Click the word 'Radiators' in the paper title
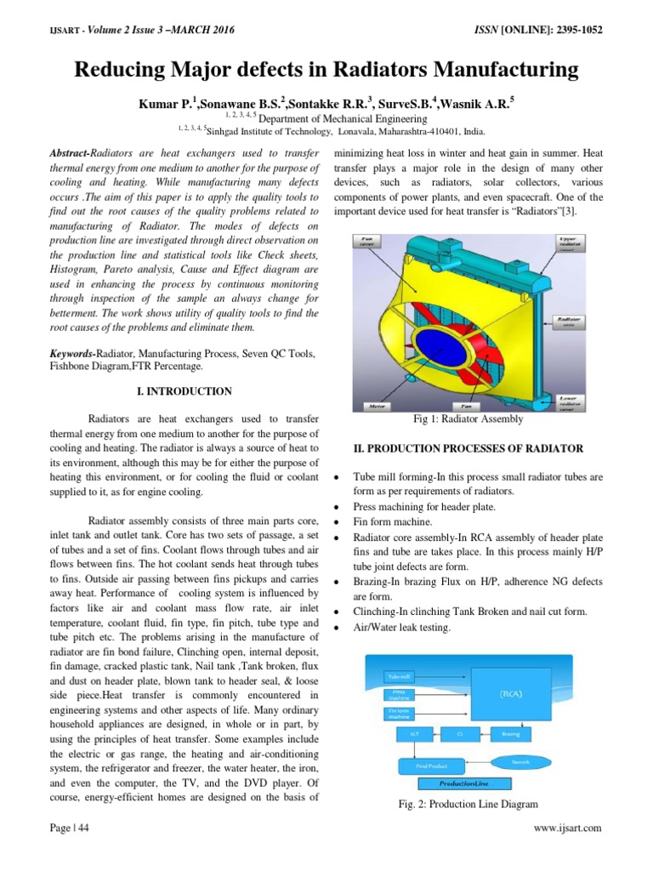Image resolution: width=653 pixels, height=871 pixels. (383, 68)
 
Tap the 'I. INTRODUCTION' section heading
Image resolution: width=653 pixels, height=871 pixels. (185, 391)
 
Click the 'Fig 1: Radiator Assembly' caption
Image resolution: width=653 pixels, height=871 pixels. (469, 419)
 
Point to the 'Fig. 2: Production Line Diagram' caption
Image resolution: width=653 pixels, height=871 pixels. (469, 804)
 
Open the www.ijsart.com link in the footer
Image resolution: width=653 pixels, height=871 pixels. (567, 828)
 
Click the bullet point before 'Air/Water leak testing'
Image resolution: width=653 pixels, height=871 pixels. (338, 628)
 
